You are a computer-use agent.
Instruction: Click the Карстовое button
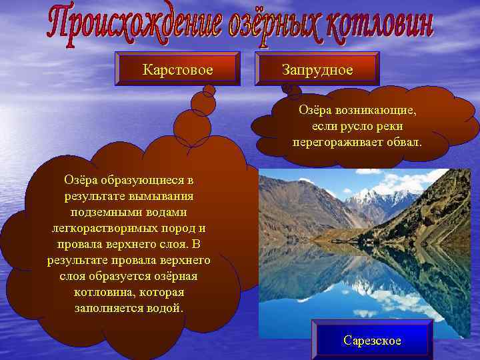[x=177, y=69]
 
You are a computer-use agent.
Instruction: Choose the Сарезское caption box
[x=372, y=340]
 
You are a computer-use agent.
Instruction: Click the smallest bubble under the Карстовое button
[x=208, y=89]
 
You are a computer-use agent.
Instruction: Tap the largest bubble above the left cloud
[x=192, y=129]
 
